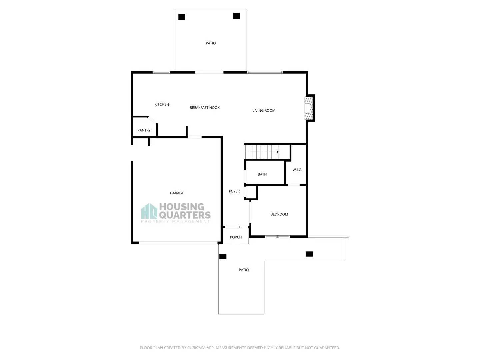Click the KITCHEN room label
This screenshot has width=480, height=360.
point(162,104)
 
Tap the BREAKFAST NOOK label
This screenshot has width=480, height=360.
point(205,108)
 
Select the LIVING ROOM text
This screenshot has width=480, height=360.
point(264,110)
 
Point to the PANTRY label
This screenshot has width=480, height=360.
point(144,130)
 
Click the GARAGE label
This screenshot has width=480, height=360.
point(177,193)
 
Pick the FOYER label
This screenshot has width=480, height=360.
point(234,191)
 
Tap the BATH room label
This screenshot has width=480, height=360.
point(262,174)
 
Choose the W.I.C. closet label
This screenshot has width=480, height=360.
point(297,170)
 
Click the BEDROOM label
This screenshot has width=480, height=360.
point(279,214)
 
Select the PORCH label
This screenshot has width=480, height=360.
point(236,237)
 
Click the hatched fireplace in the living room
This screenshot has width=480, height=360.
point(309,108)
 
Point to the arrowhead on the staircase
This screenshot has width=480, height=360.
point(278,152)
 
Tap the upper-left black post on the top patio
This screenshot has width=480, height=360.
point(182,17)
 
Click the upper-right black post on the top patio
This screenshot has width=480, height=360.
point(236,16)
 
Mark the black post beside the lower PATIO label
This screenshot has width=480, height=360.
point(223,256)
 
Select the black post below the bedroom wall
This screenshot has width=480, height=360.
point(309,254)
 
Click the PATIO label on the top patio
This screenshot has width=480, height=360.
point(211,43)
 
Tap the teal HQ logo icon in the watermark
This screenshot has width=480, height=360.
point(149,211)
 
